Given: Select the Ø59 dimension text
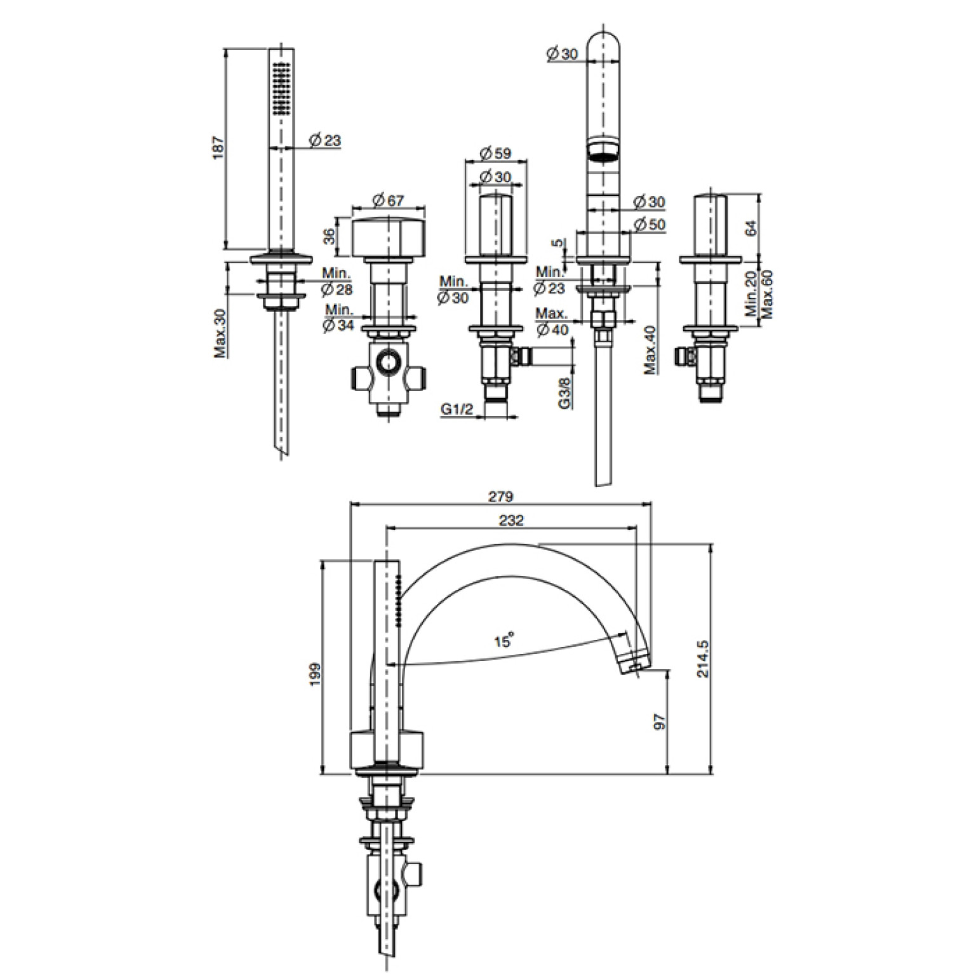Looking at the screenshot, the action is click(495, 154).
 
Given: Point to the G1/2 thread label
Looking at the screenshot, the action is click(457, 410).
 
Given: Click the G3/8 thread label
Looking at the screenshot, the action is click(565, 393).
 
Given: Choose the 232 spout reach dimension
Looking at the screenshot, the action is click(511, 520).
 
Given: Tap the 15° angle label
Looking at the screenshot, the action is click(503, 641).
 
